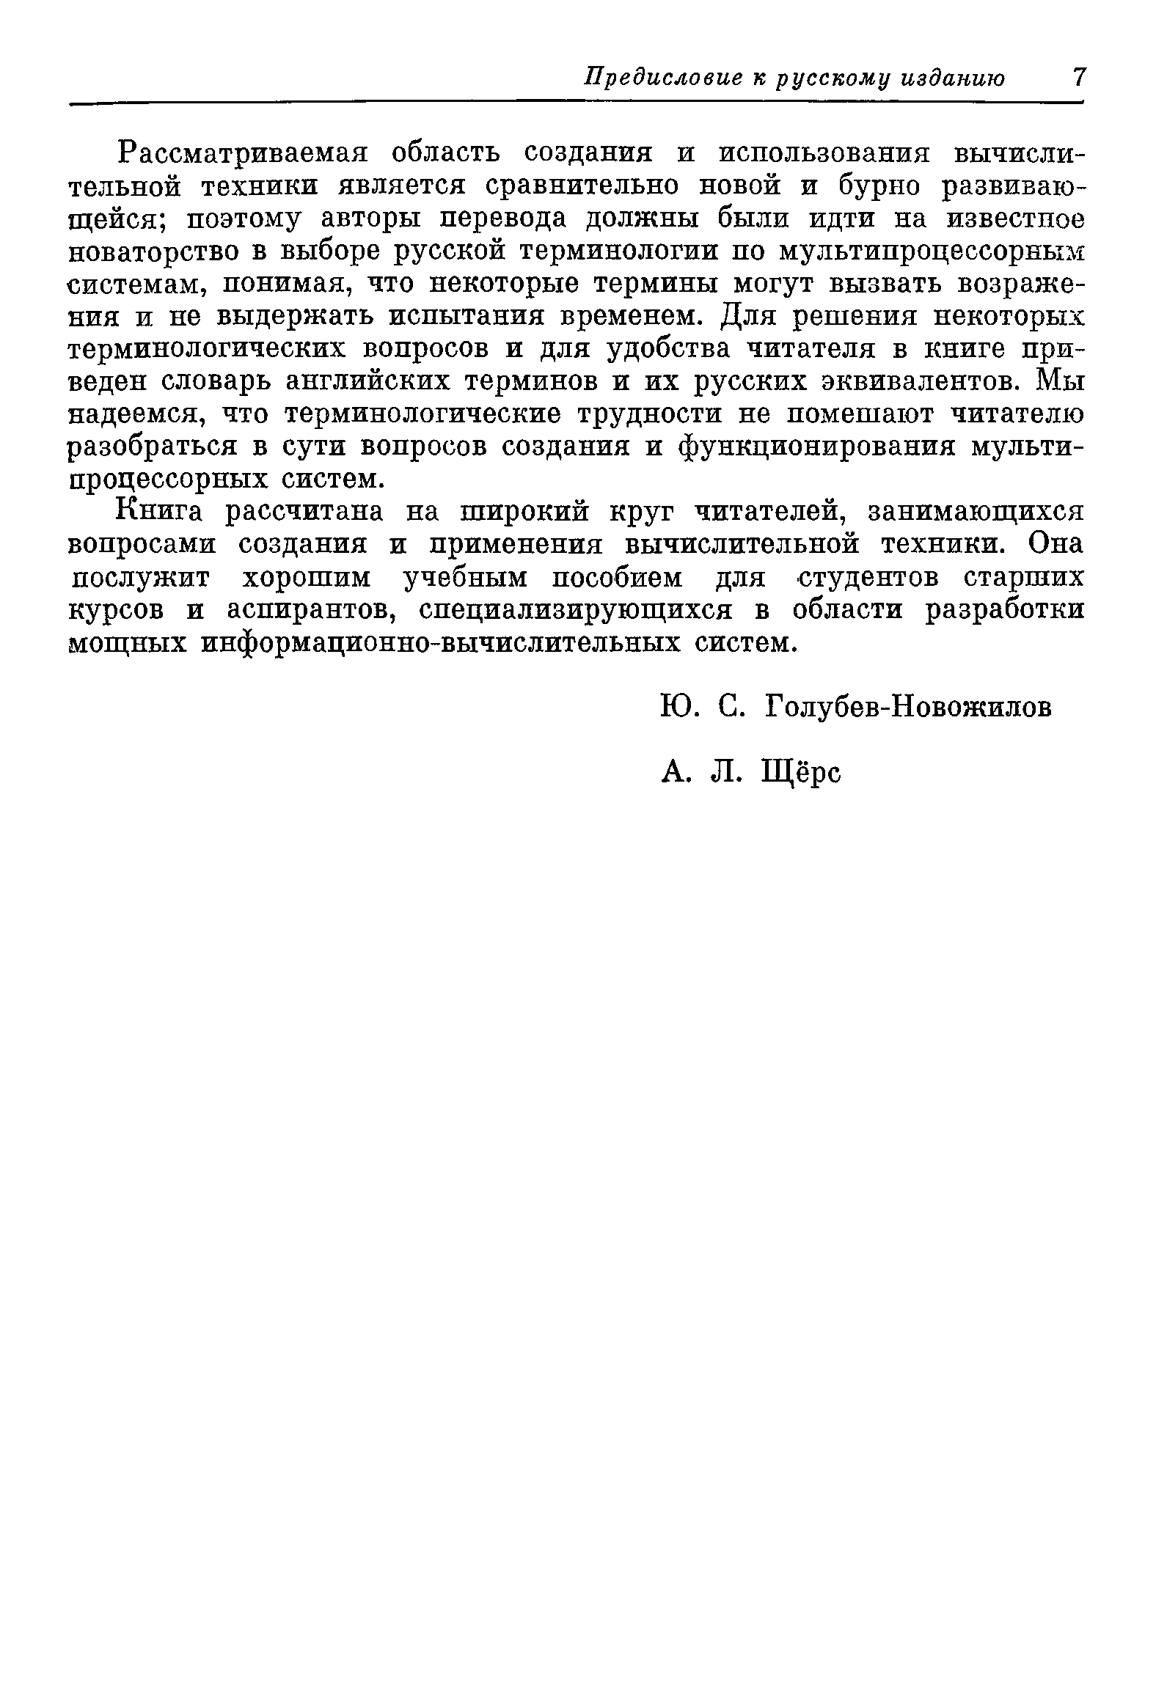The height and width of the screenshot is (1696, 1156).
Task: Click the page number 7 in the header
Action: click(x=1078, y=77)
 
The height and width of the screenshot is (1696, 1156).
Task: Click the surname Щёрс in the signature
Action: click(x=802, y=772)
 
